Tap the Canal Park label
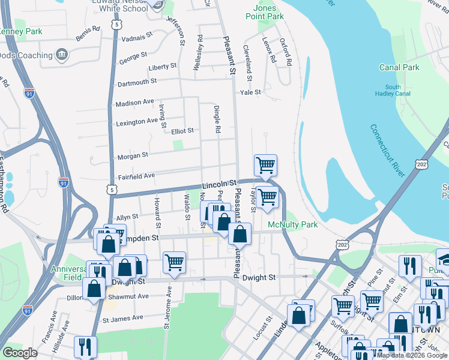point(399,68)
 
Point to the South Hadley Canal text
point(393,91)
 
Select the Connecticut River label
point(388,151)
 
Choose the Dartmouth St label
point(136,81)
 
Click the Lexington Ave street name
point(136,122)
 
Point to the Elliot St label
point(182,131)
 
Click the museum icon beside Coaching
point(61,56)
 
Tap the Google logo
point(20,353)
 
